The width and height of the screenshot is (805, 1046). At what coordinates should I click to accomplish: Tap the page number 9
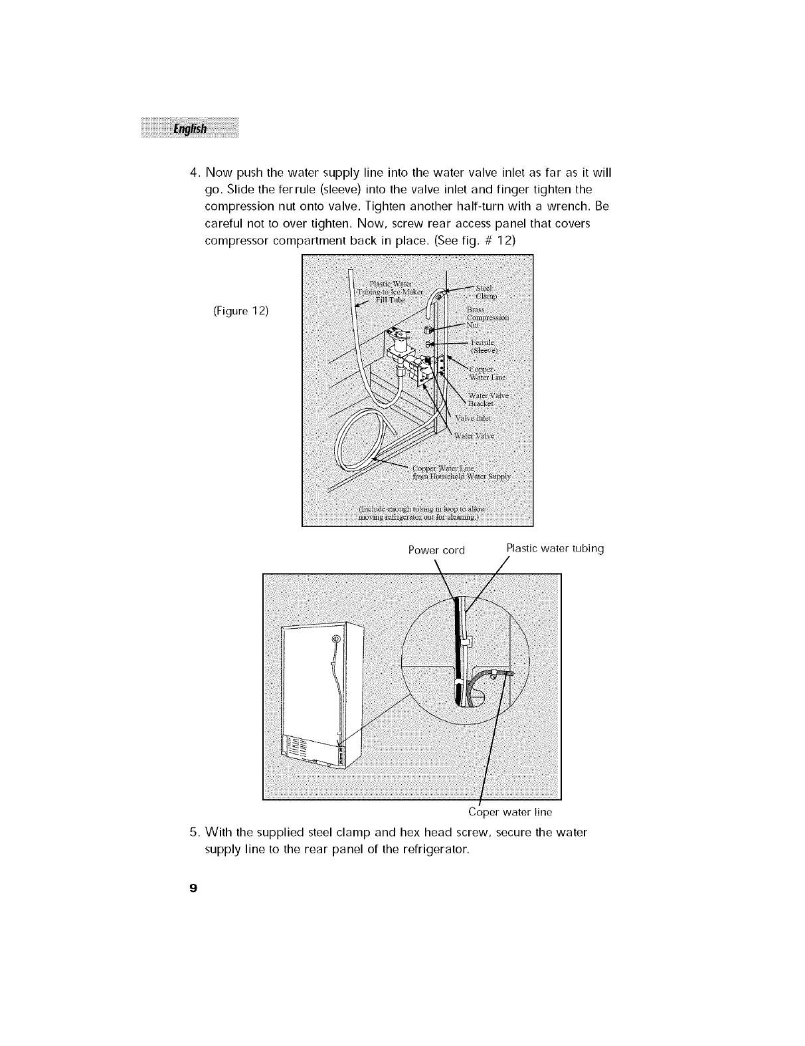tap(192, 888)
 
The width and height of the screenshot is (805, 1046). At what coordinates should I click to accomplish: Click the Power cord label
tap(436, 550)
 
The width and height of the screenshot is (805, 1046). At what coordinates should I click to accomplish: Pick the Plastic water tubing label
tap(555, 549)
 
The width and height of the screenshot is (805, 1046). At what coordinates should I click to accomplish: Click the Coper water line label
tap(510, 812)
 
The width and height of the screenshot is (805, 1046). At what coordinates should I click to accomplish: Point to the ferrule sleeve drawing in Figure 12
tap(428, 344)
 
